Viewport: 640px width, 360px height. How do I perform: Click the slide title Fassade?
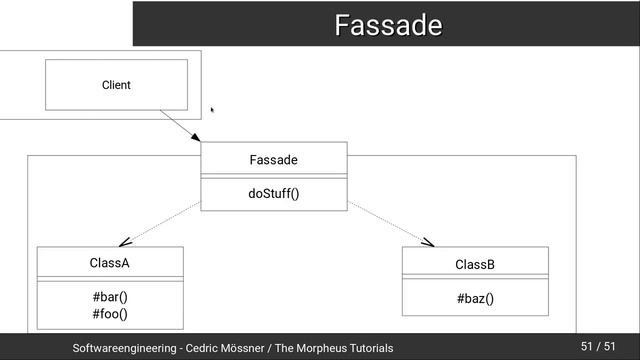tap(388, 25)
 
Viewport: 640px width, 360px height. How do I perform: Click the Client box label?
tap(116, 85)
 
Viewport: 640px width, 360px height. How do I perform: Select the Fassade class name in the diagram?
tap(273, 160)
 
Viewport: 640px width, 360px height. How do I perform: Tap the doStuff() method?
tap(273, 193)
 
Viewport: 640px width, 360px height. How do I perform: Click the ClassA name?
tap(110, 263)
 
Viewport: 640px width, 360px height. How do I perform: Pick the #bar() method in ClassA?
tap(110, 297)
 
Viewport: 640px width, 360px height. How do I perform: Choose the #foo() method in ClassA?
tap(110, 314)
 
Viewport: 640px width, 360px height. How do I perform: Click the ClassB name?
tap(475, 265)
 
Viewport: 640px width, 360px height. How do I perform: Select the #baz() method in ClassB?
tap(475, 298)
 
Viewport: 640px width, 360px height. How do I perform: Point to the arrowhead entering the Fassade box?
tap(195, 138)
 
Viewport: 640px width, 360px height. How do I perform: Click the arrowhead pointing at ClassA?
tap(124, 241)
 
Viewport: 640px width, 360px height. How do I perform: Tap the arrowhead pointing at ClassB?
tap(428, 241)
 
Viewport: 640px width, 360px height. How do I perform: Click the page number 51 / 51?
tap(597, 346)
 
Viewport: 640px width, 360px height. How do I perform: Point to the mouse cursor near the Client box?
tap(212, 110)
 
